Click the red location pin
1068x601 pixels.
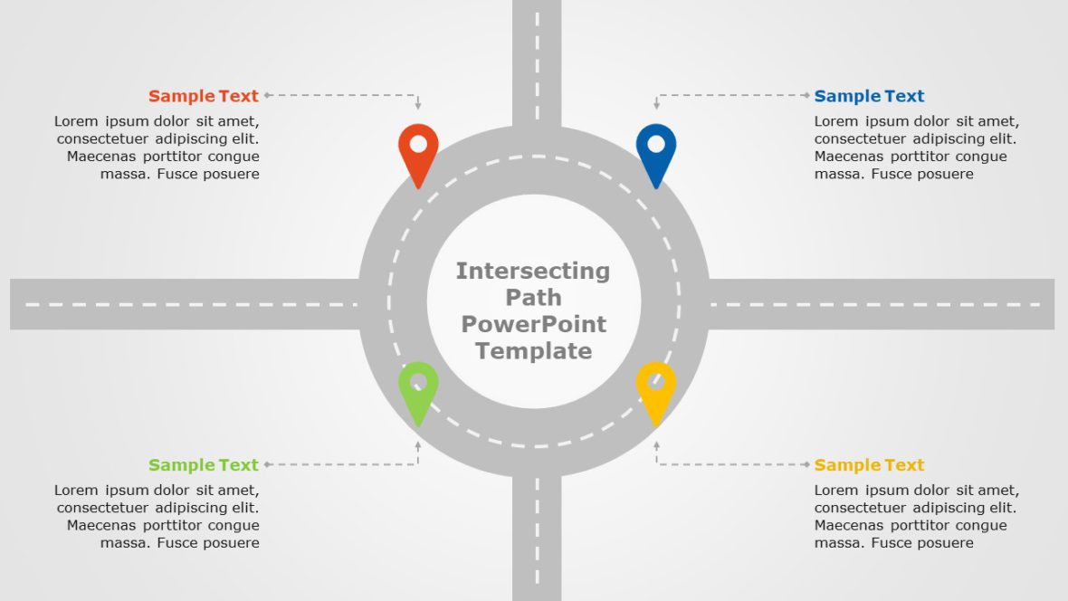[x=418, y=152]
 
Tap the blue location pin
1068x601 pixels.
[x=656, y=152]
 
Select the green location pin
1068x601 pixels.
[x=418, y=390]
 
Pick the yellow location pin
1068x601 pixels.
[x=656, y=390]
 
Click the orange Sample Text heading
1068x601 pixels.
[x=204, y=96]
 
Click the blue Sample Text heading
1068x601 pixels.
[x=869, y=96]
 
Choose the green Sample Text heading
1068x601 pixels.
[x=204, y=465]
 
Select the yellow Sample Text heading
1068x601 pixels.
[x=869, y=465]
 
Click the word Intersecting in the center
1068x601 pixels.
[x=533, y=271]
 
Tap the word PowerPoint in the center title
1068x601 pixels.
[x=533, y=324]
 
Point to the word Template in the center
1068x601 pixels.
[x=533, y=351]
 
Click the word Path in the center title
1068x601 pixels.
[x=533, y=297]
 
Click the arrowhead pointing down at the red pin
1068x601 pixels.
[x=418, y=107]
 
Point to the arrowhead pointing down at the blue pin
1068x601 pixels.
[x=657, y=107]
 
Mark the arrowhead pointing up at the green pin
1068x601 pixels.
[x=418, y=445]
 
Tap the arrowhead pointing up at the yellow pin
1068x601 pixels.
[x=657, y=445]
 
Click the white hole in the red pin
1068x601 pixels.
[x=418, y=143]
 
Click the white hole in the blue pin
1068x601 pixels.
[x=656, y=143]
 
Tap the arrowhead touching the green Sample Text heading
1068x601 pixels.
[x=268, y=464]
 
